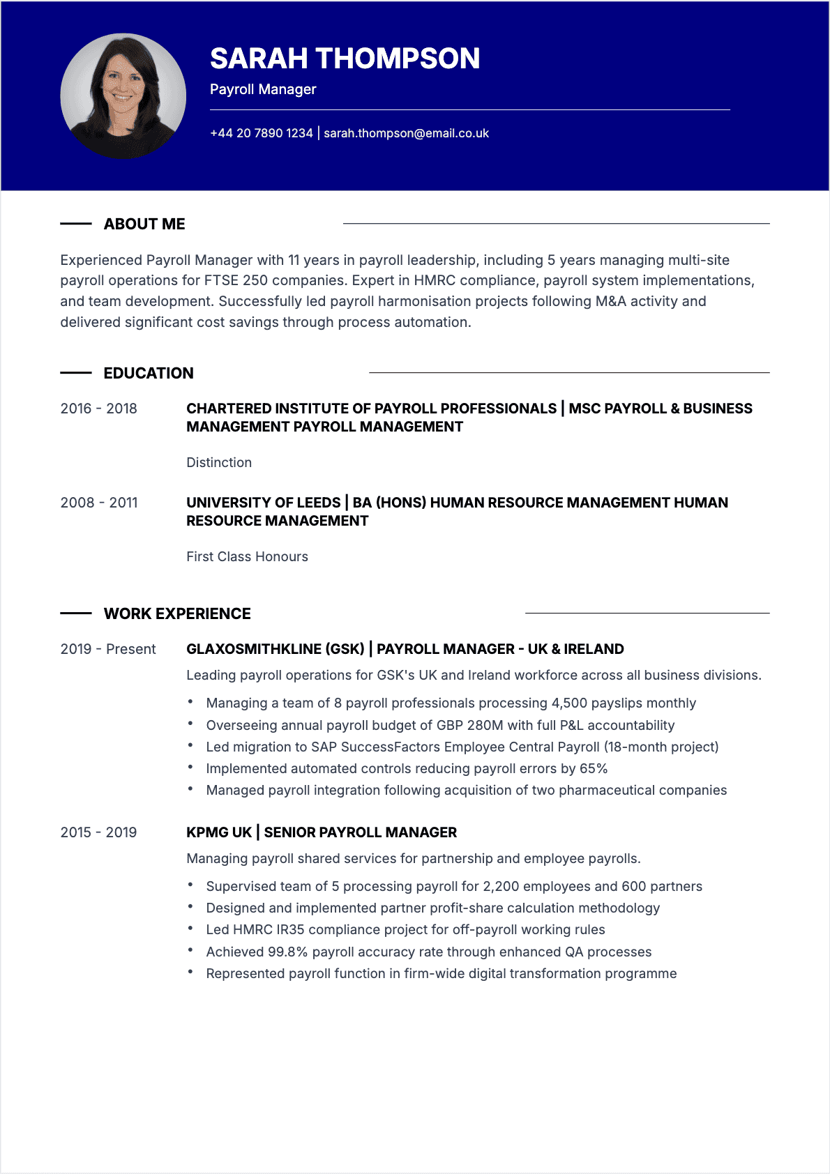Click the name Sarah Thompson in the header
click(x=345, y=59)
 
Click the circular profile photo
click(x=123, y=96)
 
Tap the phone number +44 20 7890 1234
click(x=262, y=133)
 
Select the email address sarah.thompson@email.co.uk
click(x=406, y=133)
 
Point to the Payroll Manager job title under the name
click(x=263, y=89)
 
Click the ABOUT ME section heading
click(x=144, y=224)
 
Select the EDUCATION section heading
click(x=149, y=373)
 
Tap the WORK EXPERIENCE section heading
click(x=177, y=613)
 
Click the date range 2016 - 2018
click(x=98, y=409)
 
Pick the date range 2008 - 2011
click(x=98, y=503)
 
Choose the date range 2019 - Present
click(x=108, y=649)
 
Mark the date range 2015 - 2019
click(x=98, y=832)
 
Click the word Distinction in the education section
click(x=219, y=462)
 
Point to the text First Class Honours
click(x=247, y=556)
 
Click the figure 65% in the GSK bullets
click(x=594, y=768)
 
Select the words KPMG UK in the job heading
click(x=219, y=832)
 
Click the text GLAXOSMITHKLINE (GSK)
click(x=276, y=649)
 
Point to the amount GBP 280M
click(x=469, y=725)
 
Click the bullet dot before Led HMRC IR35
click(x=190, y=929)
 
